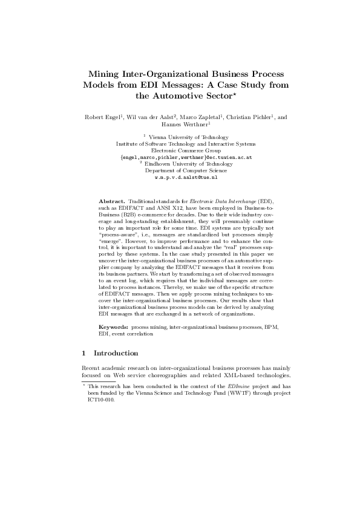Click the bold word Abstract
[112, 199]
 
